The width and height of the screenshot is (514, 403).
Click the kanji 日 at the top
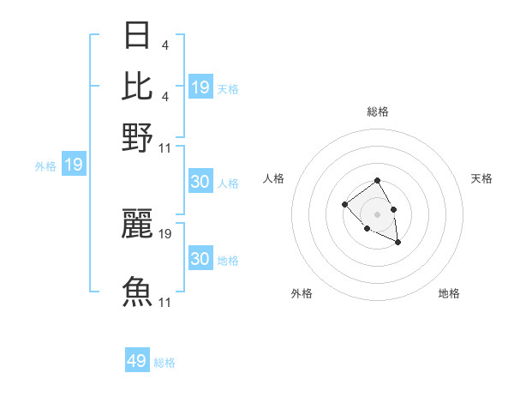pos(138,35)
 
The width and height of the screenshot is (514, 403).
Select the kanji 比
pos(138,86)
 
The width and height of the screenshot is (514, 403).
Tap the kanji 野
pos(138,136)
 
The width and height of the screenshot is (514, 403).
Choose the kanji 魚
pos(138,292)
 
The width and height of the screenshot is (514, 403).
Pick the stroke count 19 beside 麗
pos(165,233)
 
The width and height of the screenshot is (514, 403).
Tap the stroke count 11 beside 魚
pos(165,302)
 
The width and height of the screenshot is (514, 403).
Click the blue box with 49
pos(137,361)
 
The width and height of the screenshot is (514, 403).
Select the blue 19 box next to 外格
pos(74,165)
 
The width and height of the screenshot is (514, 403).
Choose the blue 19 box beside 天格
pos(200,87)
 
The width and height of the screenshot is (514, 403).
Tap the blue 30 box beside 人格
pos(200,182)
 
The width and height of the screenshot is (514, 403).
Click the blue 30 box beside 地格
pos(200,259)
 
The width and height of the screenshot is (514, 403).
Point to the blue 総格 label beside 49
pos(164,362)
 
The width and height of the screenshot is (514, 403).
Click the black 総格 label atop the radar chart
pos(377,111)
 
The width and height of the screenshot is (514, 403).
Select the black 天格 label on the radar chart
pos(481,178)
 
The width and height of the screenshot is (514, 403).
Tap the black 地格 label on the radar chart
pos(449,293)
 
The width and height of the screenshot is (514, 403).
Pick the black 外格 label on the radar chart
pos(302,293)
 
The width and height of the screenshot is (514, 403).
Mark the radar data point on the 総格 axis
pos(377,181)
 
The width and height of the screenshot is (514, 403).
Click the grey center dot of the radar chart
pos(377,214)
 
